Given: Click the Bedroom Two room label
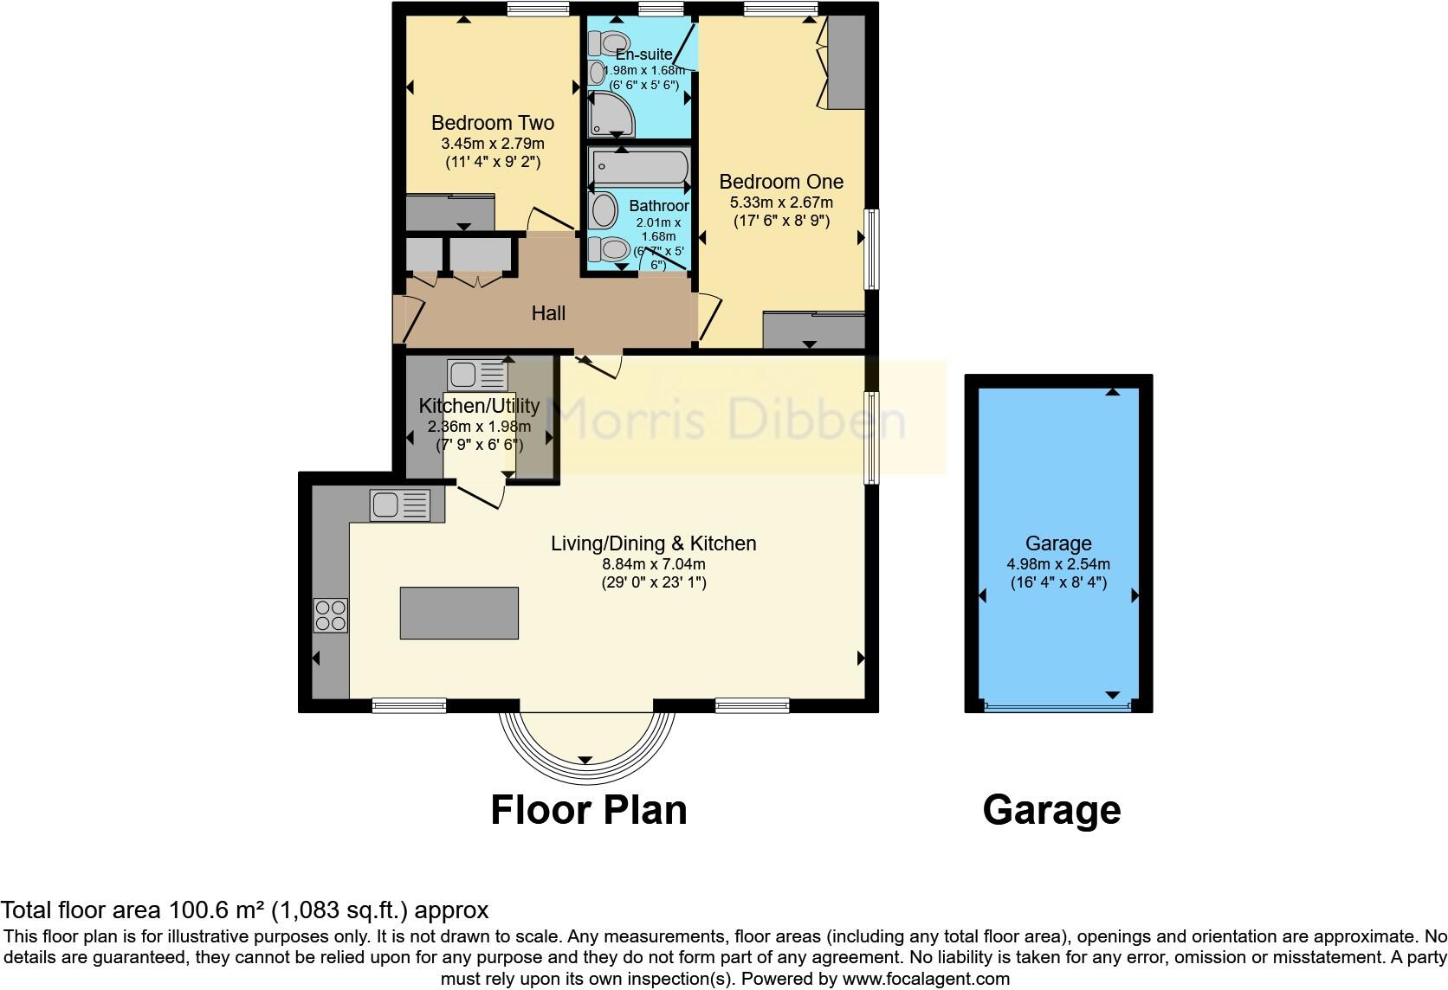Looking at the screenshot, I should (x=492, y=123).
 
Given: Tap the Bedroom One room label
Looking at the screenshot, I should (x=780, y=182).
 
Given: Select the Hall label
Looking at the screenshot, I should (x=548, y=313).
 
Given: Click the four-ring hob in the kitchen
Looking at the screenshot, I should (x=331, y=615).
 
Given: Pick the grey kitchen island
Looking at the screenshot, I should (x=459, y=613).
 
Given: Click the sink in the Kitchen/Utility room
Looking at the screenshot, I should (x=477, y=376).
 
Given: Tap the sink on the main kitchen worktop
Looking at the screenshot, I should (x=399, y=505).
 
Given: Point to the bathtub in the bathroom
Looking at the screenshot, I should (x=639, y=167).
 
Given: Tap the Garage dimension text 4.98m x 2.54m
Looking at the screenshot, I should (x=1057, y=563).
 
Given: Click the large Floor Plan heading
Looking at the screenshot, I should (x=588, y=810).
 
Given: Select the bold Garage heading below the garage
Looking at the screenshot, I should (x=1051, y=810).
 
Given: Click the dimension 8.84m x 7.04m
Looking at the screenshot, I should (x=654, y=563).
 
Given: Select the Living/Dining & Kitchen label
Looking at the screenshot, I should (x=654, y=543).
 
